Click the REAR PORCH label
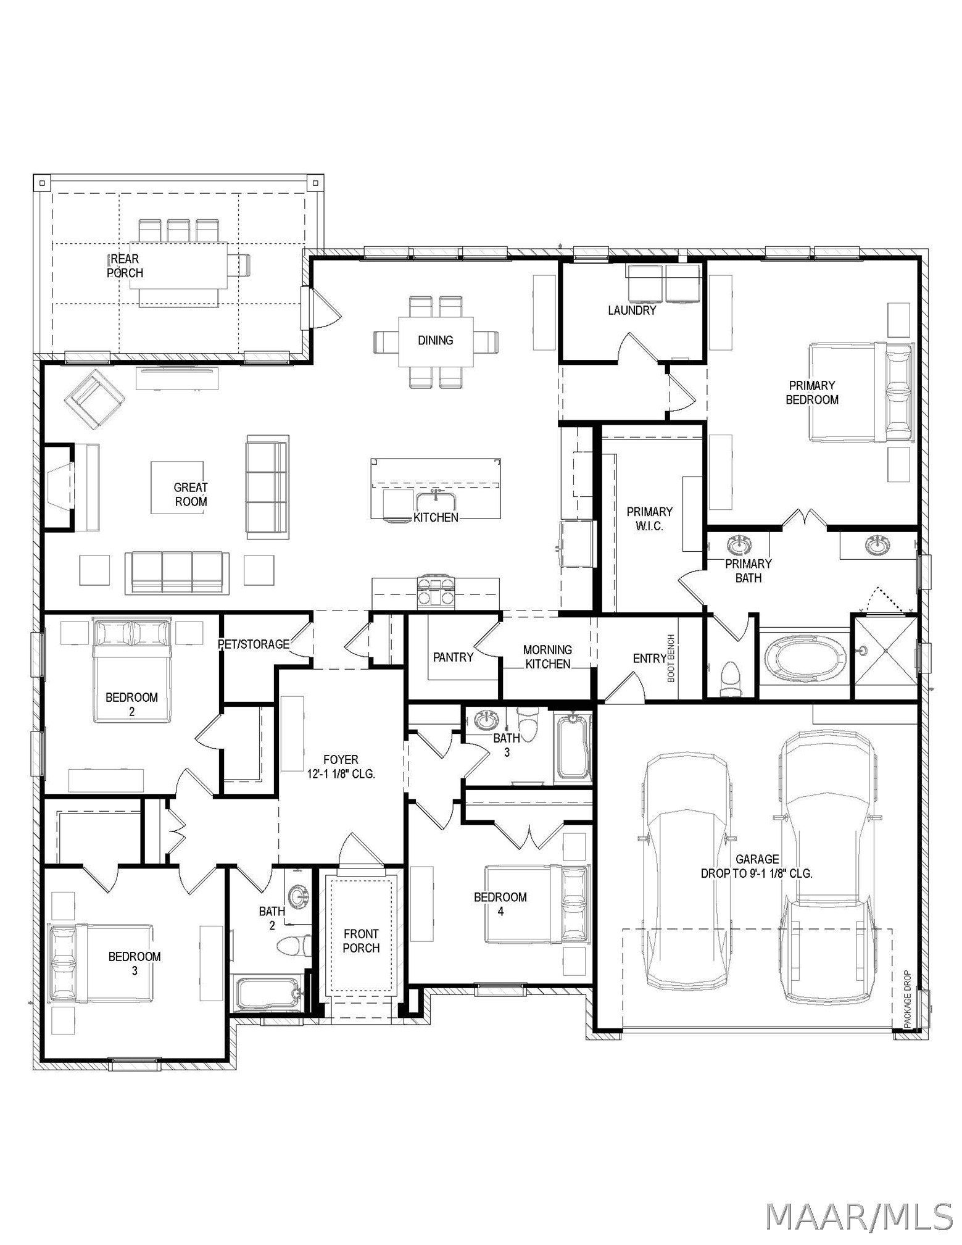[x=125, y=265]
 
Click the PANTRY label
[x=453, y=657]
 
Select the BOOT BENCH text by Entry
[x=671, y=658]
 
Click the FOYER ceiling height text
[x=341, y=773]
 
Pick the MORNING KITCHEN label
[x=547, y=657]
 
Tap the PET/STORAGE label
[x=254, y=644]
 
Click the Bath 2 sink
[x=301, y=895]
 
